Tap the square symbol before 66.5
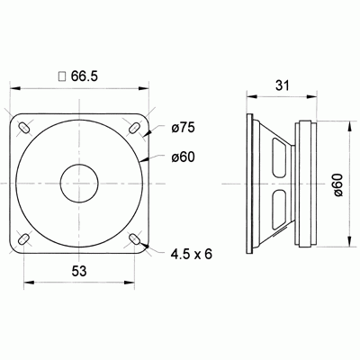point(61,78)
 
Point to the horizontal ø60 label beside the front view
point(183,158)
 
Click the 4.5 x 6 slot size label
point(191,255)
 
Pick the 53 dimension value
point(79,270)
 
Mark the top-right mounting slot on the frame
point(135,128)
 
